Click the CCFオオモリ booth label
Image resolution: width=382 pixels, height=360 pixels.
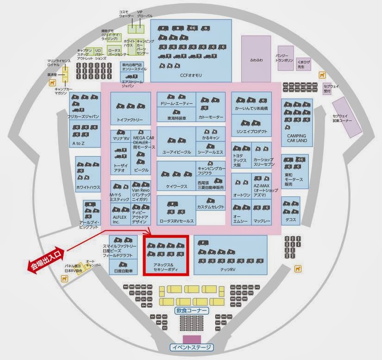coord(191,75)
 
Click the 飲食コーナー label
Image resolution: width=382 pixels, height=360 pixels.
coord(191,310)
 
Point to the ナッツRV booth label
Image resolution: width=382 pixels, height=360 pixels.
coord(227,269)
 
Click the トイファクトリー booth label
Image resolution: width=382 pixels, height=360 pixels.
coord(130,120)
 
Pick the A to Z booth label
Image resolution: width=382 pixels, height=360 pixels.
coord(78,144)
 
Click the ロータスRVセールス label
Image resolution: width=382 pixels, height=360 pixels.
coord(176,221)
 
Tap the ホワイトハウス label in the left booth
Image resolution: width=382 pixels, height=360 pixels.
coord(88,188)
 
